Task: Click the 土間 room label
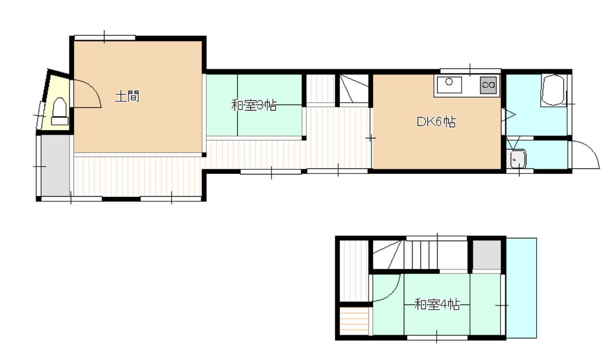[127, 97]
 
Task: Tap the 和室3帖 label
[254, 105]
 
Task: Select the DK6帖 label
[436, 122]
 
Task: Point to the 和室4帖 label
[437, 304]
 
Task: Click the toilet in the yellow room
[60, 111]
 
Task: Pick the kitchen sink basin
[449, 85]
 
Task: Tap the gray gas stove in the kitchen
[488, 85]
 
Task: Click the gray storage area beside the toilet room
[55, 165]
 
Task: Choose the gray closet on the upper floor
[487, 255]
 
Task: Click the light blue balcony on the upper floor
[521, 288]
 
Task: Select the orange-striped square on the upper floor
[354, 321]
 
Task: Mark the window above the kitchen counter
[470, 71]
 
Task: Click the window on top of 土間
[105, 37]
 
